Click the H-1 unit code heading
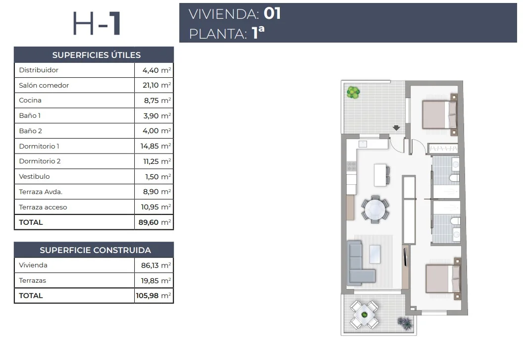tap(97, 23)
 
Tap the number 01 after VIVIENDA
tap(272, 13)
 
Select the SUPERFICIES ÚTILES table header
tap(96, 55)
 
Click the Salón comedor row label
tap(44, 85)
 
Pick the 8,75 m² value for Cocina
tap(157, 101)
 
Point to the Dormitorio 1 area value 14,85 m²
tap(156, 146)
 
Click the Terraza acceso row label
tap(43, 207)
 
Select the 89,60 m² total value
tap(155, 222)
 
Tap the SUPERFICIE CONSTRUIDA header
tap(95, 250)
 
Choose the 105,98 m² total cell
tap(154, 296)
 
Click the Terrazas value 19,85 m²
tap(156, 280)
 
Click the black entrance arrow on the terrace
tap(397, 128)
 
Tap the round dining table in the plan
tap(375, 209)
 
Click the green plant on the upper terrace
tap(353, 92)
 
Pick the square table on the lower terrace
tap(365, 315)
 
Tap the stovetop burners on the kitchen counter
tap(351, 166)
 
